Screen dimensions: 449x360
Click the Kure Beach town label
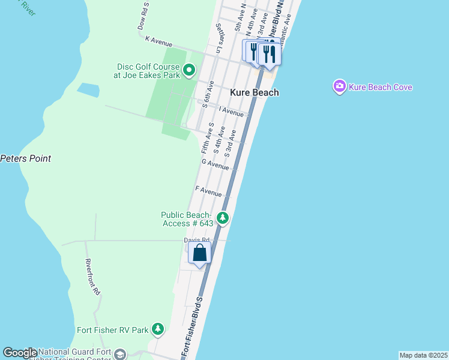tap(255, 93)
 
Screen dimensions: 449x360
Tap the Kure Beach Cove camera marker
tap(340, 87)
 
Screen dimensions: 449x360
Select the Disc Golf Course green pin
tap(189, 71)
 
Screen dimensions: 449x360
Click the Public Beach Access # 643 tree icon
tap(223, 217)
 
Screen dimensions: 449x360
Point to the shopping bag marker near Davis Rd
tap(200, 253)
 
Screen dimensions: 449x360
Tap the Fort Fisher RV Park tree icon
tap(158, 329)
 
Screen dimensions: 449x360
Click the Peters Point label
tap(25, 159)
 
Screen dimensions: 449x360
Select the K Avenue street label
tap(158, 41)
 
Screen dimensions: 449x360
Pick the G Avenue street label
tap(215, 163)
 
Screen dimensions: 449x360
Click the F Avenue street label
tap(209, 191)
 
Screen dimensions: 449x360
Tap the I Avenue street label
tap(231, 111)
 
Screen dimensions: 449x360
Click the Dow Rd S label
tap(142, 19)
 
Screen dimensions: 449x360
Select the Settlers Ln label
tap(220, 37)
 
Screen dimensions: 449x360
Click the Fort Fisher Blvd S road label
tap(193, 325)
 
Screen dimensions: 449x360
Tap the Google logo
tap(20, 353)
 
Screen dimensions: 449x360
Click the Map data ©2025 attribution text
tap(423, 355)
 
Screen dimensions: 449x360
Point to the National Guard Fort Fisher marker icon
tap(120, 354)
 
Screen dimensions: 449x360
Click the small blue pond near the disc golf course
tap(88, 90)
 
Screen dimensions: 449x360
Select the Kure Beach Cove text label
tap(381, 88)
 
